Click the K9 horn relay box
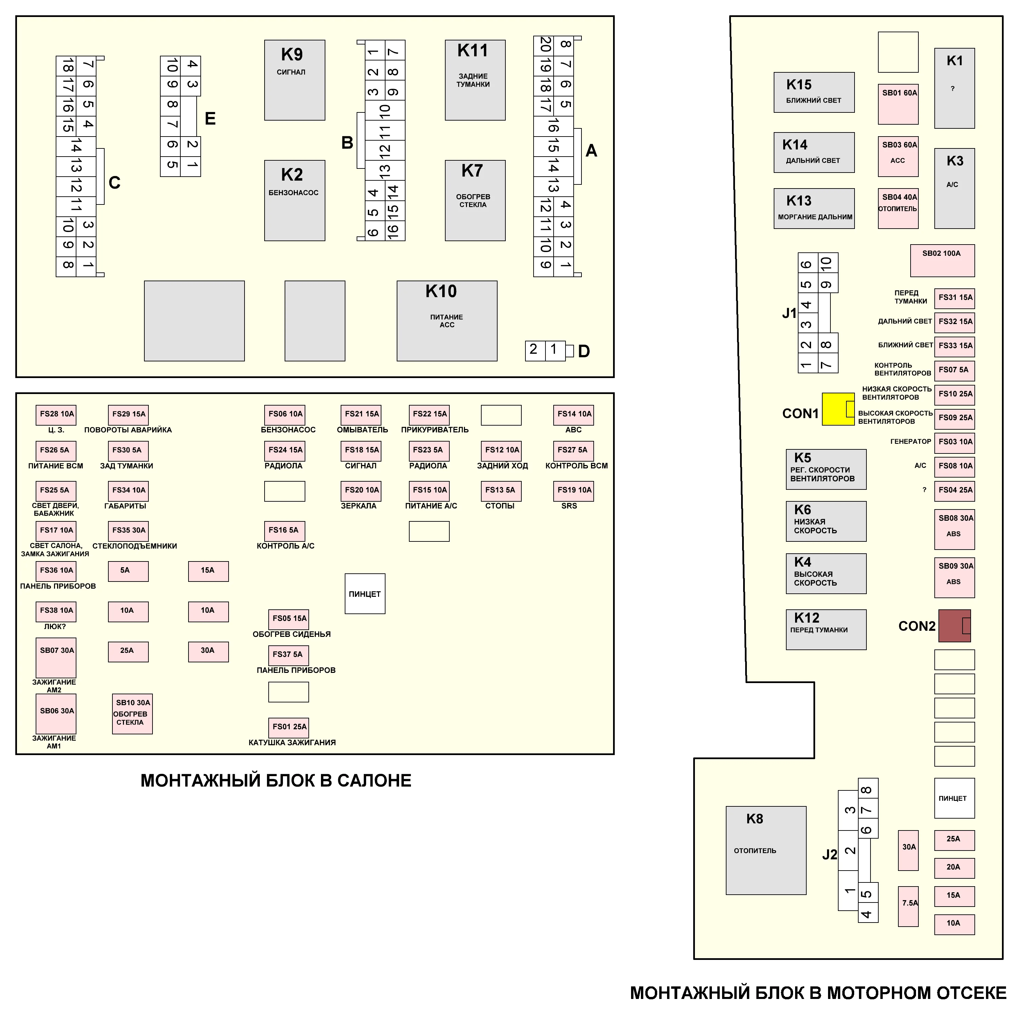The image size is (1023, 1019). (294, 80)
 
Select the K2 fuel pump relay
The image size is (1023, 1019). (294, 200)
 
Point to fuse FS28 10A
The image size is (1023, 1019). (56, 415)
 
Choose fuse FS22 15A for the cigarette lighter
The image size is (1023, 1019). (429, 415)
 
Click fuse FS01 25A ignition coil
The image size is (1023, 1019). (289, 727)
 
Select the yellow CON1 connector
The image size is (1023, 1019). (838, 409)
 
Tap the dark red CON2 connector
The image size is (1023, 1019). (954, 625)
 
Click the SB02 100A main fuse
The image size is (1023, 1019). (942, 260)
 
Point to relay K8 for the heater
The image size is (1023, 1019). (766, 850)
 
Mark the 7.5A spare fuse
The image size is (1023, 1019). (908, 906)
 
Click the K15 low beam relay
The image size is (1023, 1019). (814, 92)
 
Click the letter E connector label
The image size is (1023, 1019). (210, 119)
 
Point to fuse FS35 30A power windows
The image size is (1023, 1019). (128, 531)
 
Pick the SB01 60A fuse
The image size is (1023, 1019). (898, 104)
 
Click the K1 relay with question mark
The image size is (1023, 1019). (954, 88)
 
